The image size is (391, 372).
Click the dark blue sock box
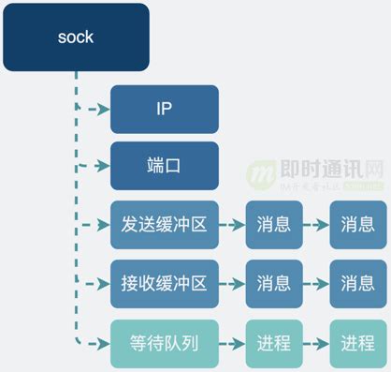(x=76, y=37)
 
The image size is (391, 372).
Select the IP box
(x=164, y=109)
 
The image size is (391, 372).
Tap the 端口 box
(x=164, y=165)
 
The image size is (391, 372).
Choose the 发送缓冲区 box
(x=164, y=225)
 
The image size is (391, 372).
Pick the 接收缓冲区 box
(x=164, y=284)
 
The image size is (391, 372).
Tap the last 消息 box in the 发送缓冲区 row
(x=357, y=225)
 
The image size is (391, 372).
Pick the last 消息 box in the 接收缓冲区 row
(x=357, y=284)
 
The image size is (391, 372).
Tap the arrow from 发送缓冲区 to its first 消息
(x=232, y=225)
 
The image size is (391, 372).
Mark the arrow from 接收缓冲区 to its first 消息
(x=232, y=284)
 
